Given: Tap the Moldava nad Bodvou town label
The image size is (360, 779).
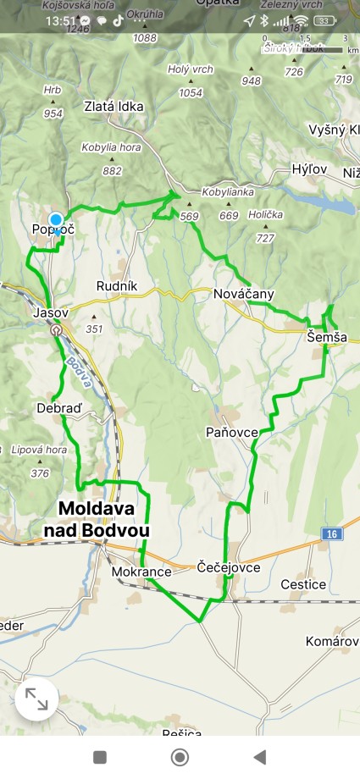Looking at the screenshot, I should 103,519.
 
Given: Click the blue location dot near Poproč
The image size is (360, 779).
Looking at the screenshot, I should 56,219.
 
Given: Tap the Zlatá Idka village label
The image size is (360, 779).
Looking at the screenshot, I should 114,107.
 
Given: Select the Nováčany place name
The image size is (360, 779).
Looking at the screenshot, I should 244,294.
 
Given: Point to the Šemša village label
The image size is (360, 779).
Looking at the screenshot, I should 327,337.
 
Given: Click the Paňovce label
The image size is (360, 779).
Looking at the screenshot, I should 232,433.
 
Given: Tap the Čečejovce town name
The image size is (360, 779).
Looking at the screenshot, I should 228,567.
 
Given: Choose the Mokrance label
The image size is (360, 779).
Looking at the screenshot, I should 141,572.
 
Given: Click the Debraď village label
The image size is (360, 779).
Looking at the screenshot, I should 59,408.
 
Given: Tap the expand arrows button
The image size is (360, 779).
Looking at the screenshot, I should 36,699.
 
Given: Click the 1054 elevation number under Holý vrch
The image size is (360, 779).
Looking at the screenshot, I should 191,93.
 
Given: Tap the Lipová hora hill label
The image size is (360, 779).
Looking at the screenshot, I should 39,450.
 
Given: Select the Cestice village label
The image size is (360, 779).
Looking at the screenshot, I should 303,584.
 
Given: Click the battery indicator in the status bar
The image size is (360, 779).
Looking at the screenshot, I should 324,20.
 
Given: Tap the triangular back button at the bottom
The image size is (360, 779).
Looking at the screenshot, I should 260,757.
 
